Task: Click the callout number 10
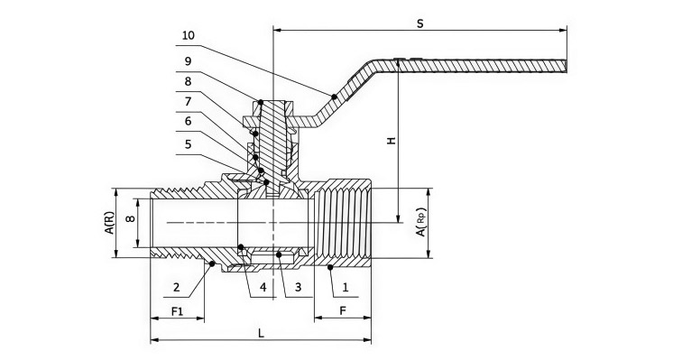tap(188, 35)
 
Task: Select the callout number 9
tap(188, 61)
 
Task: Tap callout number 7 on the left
tap(188, 102)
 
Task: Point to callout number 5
tap(188, 144)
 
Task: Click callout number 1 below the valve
tap(346, 287)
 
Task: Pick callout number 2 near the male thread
tap(177, 287)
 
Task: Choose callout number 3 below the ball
tap(299, 287)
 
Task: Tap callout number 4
tap(263, 287)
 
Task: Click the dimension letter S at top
tap(420, 23)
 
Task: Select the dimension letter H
tap(391, 141)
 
